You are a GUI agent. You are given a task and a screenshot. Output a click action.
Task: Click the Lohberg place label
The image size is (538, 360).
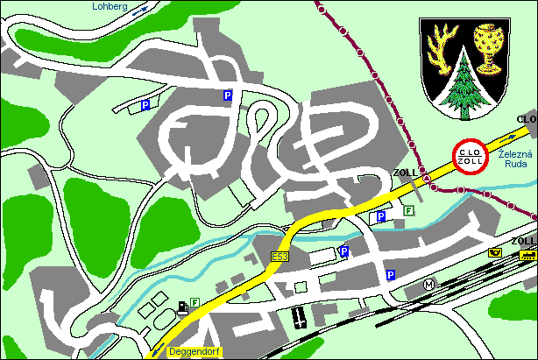(110, 6)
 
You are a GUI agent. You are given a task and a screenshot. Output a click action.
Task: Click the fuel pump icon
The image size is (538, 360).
(182, 306)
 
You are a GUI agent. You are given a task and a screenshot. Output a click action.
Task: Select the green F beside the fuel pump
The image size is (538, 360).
(195, 302)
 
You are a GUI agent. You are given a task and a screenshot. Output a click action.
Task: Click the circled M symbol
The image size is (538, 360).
(429, 284)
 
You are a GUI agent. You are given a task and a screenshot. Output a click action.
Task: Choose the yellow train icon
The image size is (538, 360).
(527, 255)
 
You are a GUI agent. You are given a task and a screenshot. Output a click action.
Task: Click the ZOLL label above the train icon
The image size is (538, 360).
(523, 241)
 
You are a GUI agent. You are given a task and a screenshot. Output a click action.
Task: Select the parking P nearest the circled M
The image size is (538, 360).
(391, 275)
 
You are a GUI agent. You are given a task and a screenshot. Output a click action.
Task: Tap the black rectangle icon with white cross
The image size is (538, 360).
(299, 316)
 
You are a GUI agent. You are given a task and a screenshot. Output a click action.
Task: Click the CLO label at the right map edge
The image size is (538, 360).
(527, 118)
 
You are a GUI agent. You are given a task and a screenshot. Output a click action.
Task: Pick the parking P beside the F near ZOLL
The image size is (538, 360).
(381, 216)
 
